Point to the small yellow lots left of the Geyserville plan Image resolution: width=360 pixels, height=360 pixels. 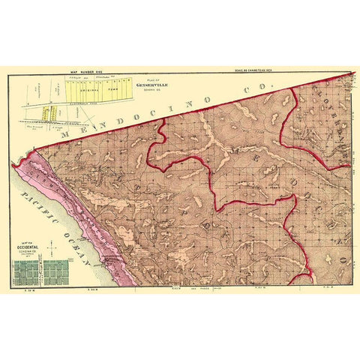click(x=49, y=112)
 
